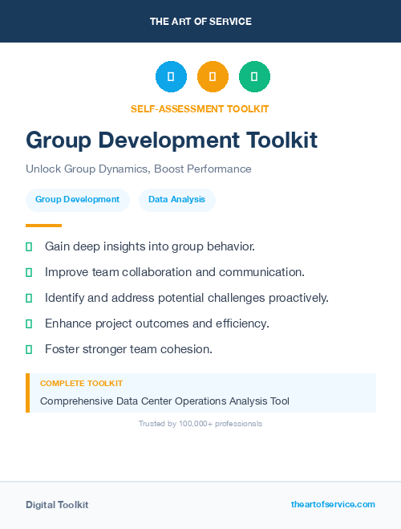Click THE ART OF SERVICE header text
coord(200,22)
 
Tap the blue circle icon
coord(171,76)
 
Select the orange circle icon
coord(213,76)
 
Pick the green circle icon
coord(254,76)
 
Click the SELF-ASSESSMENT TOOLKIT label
coord(200,108)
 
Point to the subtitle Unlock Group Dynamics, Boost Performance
coord(139,169)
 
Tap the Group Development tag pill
coord(77,200)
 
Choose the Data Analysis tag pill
coord(176,200)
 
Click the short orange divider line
coord(43,226)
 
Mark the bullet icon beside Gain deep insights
coord(29,246)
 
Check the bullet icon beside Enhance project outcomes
coord(29,324)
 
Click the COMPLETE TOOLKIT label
coord(81,384)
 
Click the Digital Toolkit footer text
coord(57,505)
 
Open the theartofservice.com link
coord(333,504)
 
